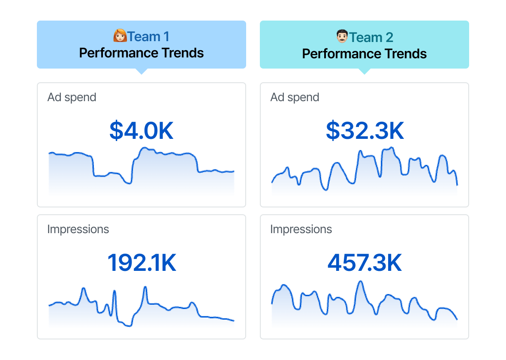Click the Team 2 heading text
click(371, 37)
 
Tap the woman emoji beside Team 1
click(120, 36)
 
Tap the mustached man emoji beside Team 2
click(342, 37)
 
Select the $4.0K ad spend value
click(142, 131)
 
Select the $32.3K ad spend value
click(365, 131)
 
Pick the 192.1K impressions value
click(142, 263)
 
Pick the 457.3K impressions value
click(365, 263)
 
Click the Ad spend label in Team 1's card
click(72, 97)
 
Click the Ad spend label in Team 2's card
click(295, 97)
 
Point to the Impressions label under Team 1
click(78, 229)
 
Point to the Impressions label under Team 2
click(301, 229)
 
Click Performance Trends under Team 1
click(142, 53)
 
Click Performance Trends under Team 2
click(364, 54)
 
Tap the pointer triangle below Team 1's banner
click(141, 71)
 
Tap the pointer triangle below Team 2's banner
click(364, 71)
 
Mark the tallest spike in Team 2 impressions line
click(360, 282)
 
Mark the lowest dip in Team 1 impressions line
click(128, 326)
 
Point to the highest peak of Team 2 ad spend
click(392, 148)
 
